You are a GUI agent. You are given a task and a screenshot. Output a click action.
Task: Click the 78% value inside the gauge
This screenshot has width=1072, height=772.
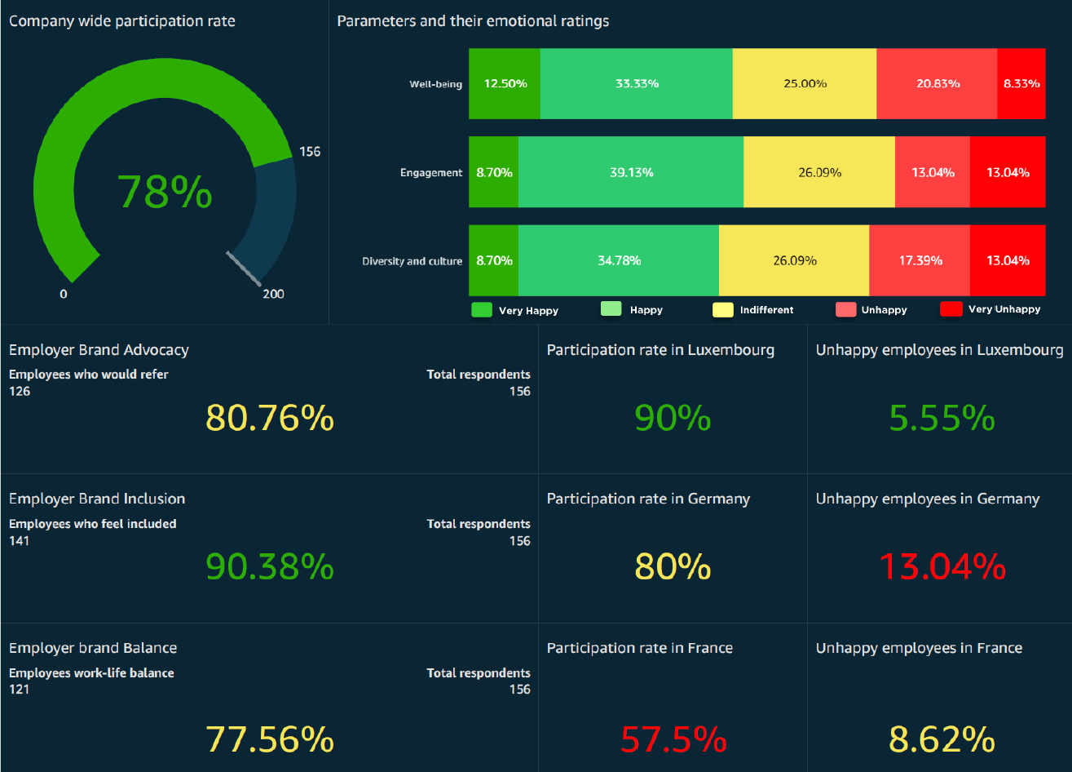click(x=165, y=193)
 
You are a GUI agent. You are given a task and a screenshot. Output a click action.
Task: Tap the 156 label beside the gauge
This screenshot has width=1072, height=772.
click(x=310, y=152)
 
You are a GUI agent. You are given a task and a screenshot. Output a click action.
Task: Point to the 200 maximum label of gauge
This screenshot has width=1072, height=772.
click(x=273, y=294)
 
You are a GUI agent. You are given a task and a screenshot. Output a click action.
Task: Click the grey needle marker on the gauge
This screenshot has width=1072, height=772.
click(x=244, y=268)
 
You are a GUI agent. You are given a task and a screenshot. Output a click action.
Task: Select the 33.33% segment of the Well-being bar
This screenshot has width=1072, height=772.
click(x=636, y=84)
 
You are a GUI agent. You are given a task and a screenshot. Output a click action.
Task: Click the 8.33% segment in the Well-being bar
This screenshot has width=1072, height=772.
click(x=1021, y=84)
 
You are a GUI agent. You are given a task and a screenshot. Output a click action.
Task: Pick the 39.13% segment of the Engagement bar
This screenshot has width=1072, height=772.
click(x=630, y=172)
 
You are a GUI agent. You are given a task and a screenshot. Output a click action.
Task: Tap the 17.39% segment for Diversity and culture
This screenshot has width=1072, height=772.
click(x=919, y=260)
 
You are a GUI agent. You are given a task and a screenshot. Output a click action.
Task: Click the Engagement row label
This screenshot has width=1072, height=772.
click(x=431, y=173)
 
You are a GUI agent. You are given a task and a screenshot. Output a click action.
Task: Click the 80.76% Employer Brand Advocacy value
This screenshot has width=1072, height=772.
click(x=269, y=418)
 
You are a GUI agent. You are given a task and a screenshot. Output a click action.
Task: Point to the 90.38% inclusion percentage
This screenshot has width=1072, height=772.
click(x=269, y=566)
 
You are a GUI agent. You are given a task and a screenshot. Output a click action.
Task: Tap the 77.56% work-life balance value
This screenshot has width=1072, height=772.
click(x=269, y=739)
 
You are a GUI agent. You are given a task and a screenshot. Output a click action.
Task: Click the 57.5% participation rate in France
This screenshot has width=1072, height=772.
click(x=673, y=739)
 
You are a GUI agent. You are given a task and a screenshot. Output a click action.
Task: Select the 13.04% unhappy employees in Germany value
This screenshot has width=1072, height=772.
click(x=942, y=566)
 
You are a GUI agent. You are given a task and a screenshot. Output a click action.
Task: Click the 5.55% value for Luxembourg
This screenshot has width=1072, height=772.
click(x=942, y=418)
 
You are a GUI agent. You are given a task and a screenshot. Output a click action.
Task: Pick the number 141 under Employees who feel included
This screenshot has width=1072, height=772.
click(x=19, y=541)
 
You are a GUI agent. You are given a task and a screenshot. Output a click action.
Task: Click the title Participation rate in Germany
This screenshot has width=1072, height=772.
click(x=648, y=499)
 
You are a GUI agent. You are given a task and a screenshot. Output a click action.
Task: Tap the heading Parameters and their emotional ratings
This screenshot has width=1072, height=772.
click(x=473, y=21)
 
